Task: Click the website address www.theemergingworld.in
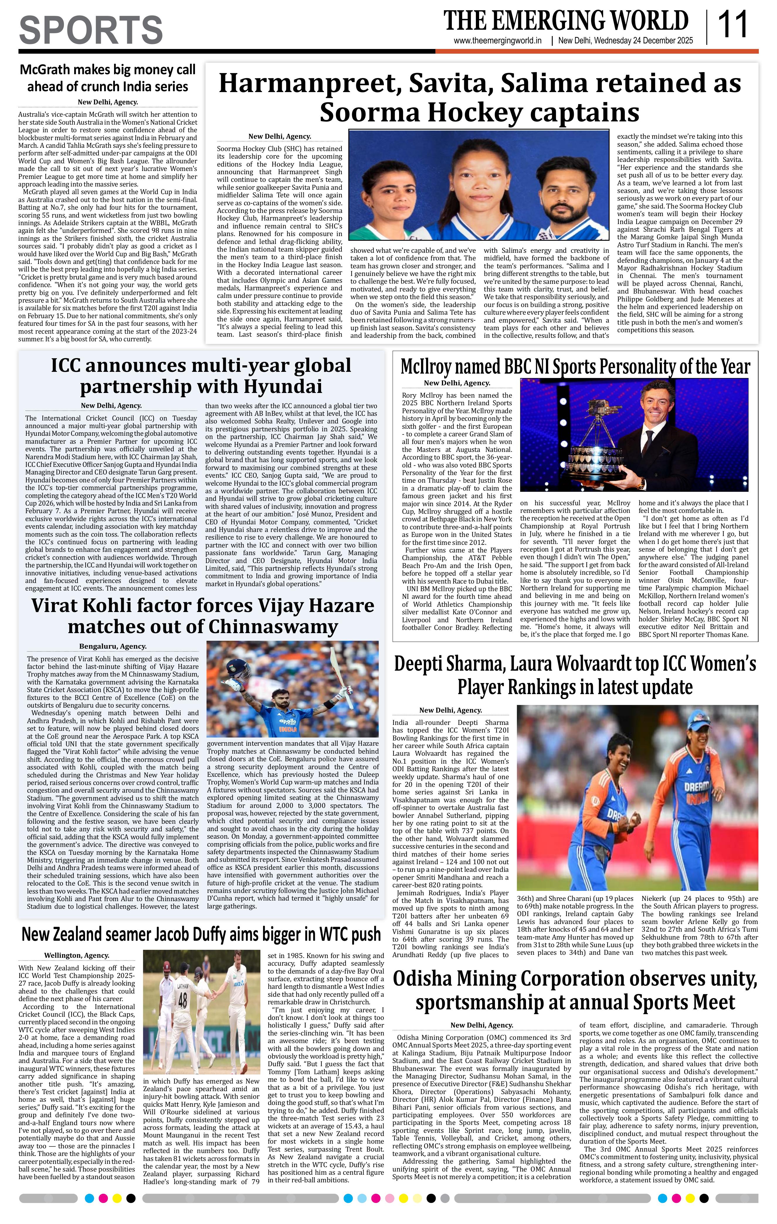[x=498, y=41]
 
